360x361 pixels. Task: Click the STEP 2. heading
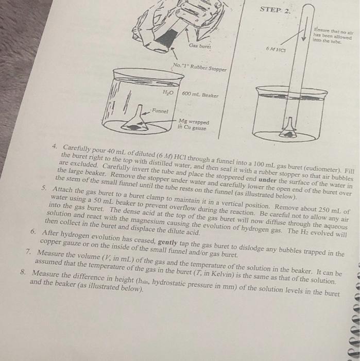pos(275,10)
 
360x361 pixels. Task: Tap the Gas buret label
pos(200,46)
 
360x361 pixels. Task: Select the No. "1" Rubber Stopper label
pos(200,67)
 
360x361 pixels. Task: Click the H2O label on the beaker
pos(168,92)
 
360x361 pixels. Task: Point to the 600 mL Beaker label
pos(200,94)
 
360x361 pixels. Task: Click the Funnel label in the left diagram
pos(160,111)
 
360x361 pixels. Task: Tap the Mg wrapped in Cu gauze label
pos(193,125)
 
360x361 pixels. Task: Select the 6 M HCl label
pos(276,49)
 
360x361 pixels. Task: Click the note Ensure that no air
pos(333,36)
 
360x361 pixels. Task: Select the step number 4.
pos(55,146)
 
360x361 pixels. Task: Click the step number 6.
pos(33,231)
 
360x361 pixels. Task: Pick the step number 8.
pos(23,272)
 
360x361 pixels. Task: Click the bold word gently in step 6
pos(168,242)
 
